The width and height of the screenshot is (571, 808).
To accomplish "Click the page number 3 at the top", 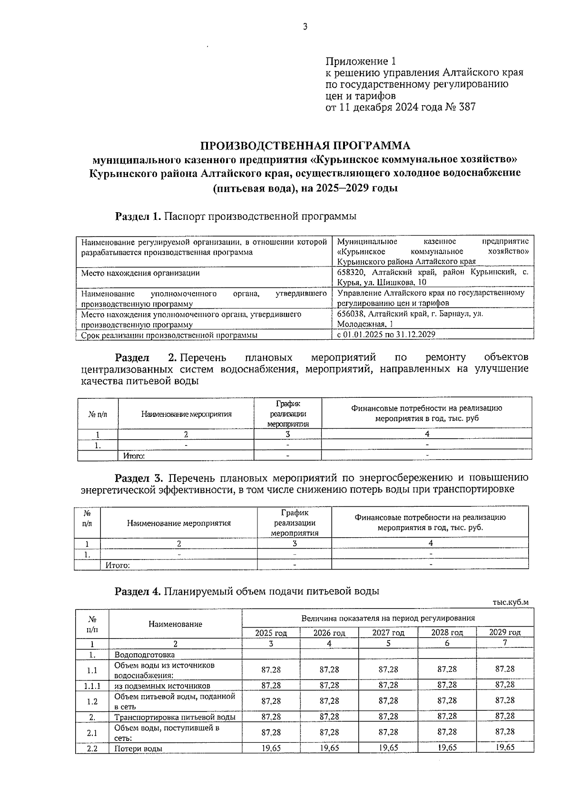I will coord(305,27).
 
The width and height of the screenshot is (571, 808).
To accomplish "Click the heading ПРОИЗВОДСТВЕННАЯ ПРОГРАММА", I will coord(305,145).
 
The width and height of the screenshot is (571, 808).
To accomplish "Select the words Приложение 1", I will coord(360,61).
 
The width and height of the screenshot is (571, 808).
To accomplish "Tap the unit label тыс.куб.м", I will coord(510,602).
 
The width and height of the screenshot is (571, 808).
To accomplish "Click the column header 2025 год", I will coord(271,633).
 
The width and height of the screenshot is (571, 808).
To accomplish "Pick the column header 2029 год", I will coord(504,632).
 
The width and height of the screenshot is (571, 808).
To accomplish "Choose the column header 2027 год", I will coord(388,633).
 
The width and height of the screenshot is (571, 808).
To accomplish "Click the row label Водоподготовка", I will coord(144,655).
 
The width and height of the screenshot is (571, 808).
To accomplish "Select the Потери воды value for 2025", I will coord(271,748).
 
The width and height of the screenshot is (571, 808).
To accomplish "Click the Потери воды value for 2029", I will coord(504,748).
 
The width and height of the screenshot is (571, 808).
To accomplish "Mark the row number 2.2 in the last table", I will coord(92,749).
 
